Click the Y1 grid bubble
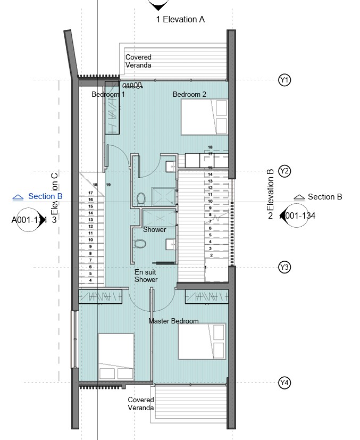[284, 80]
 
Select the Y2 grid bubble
[284, 171]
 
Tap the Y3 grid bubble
[284, 267]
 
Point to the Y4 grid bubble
[284, 383]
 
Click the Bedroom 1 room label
[108, 94]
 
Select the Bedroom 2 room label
[189, 94]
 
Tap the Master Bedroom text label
[173, 321]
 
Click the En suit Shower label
[146, 276]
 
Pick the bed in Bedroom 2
[204, 118]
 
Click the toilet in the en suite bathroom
[140, 244]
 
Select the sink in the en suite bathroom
[171, 244]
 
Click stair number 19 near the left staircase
[108, 185]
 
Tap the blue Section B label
[45, 196]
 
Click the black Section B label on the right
[324, 197]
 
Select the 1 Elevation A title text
[180, 20]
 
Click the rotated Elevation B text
[270, 189]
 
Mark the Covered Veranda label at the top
[138, 61]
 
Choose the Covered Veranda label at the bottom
[141, 404]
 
